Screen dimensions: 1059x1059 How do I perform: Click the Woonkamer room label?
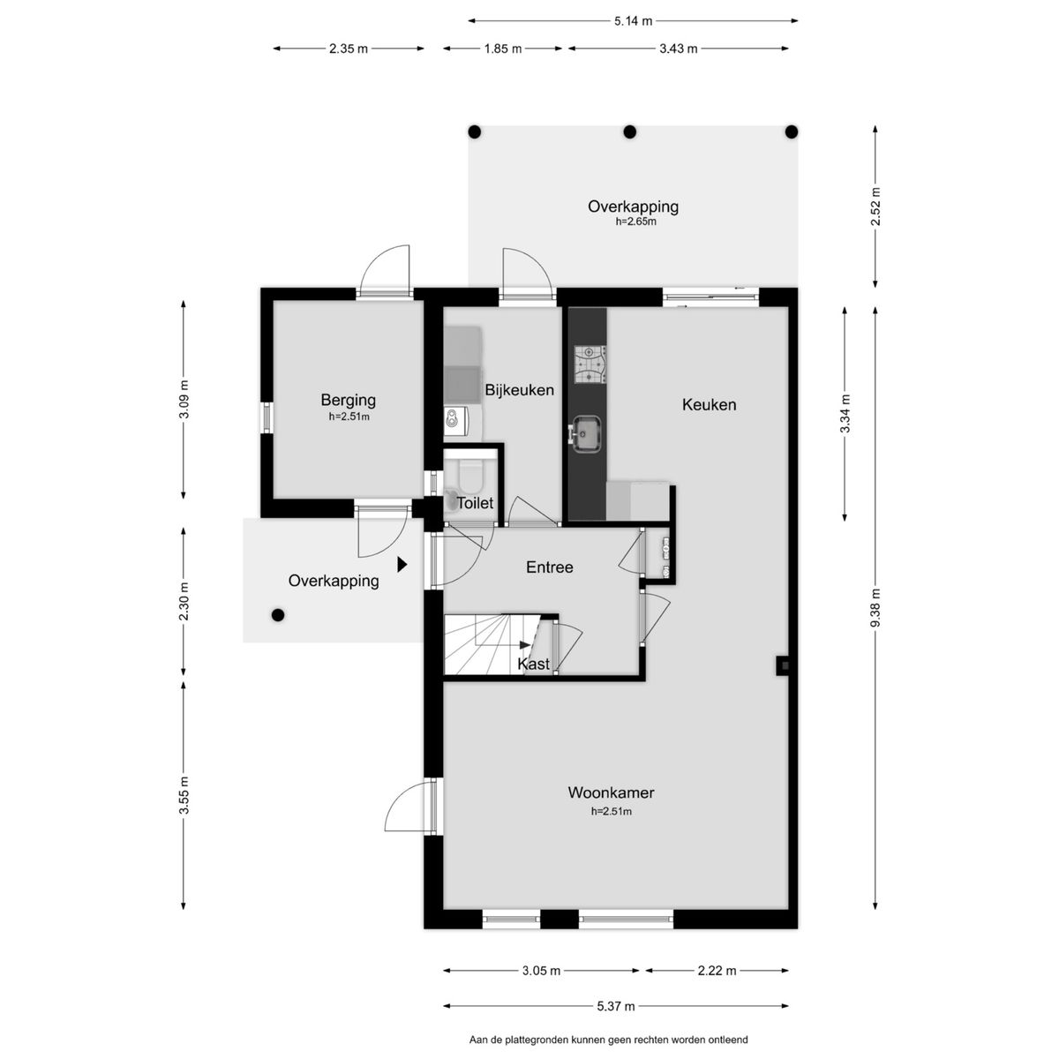coord(611,792)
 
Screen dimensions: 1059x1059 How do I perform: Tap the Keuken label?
coord(709,404)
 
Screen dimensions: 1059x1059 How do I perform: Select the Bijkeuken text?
coord(519,390)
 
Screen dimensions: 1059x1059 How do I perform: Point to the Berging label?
coord(349,400)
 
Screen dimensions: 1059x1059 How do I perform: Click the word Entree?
coord(550,567)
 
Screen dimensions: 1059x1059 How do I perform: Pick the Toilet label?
coord(476,503)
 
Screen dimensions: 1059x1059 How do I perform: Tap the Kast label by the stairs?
coord(534,664)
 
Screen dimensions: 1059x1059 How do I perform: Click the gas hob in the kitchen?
coord(590,364)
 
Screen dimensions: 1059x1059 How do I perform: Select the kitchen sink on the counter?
coord(586,434)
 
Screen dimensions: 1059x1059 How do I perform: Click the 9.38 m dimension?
coord(875,608)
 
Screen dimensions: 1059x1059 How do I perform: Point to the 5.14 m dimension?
coord(633,21)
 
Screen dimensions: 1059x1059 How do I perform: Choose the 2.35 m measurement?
coord(349,49)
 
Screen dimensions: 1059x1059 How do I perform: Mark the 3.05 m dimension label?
coord(541,971)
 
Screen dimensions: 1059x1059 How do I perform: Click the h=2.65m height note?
coord(635,222)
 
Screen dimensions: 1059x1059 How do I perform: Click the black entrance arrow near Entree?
coord(402,565)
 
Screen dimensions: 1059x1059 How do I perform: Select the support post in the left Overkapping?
coord(278,615)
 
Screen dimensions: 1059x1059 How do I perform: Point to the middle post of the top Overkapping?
coord(630,131)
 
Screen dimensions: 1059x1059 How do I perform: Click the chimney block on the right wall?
coord(783,665)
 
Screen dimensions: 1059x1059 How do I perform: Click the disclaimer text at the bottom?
coord(608,1040)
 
